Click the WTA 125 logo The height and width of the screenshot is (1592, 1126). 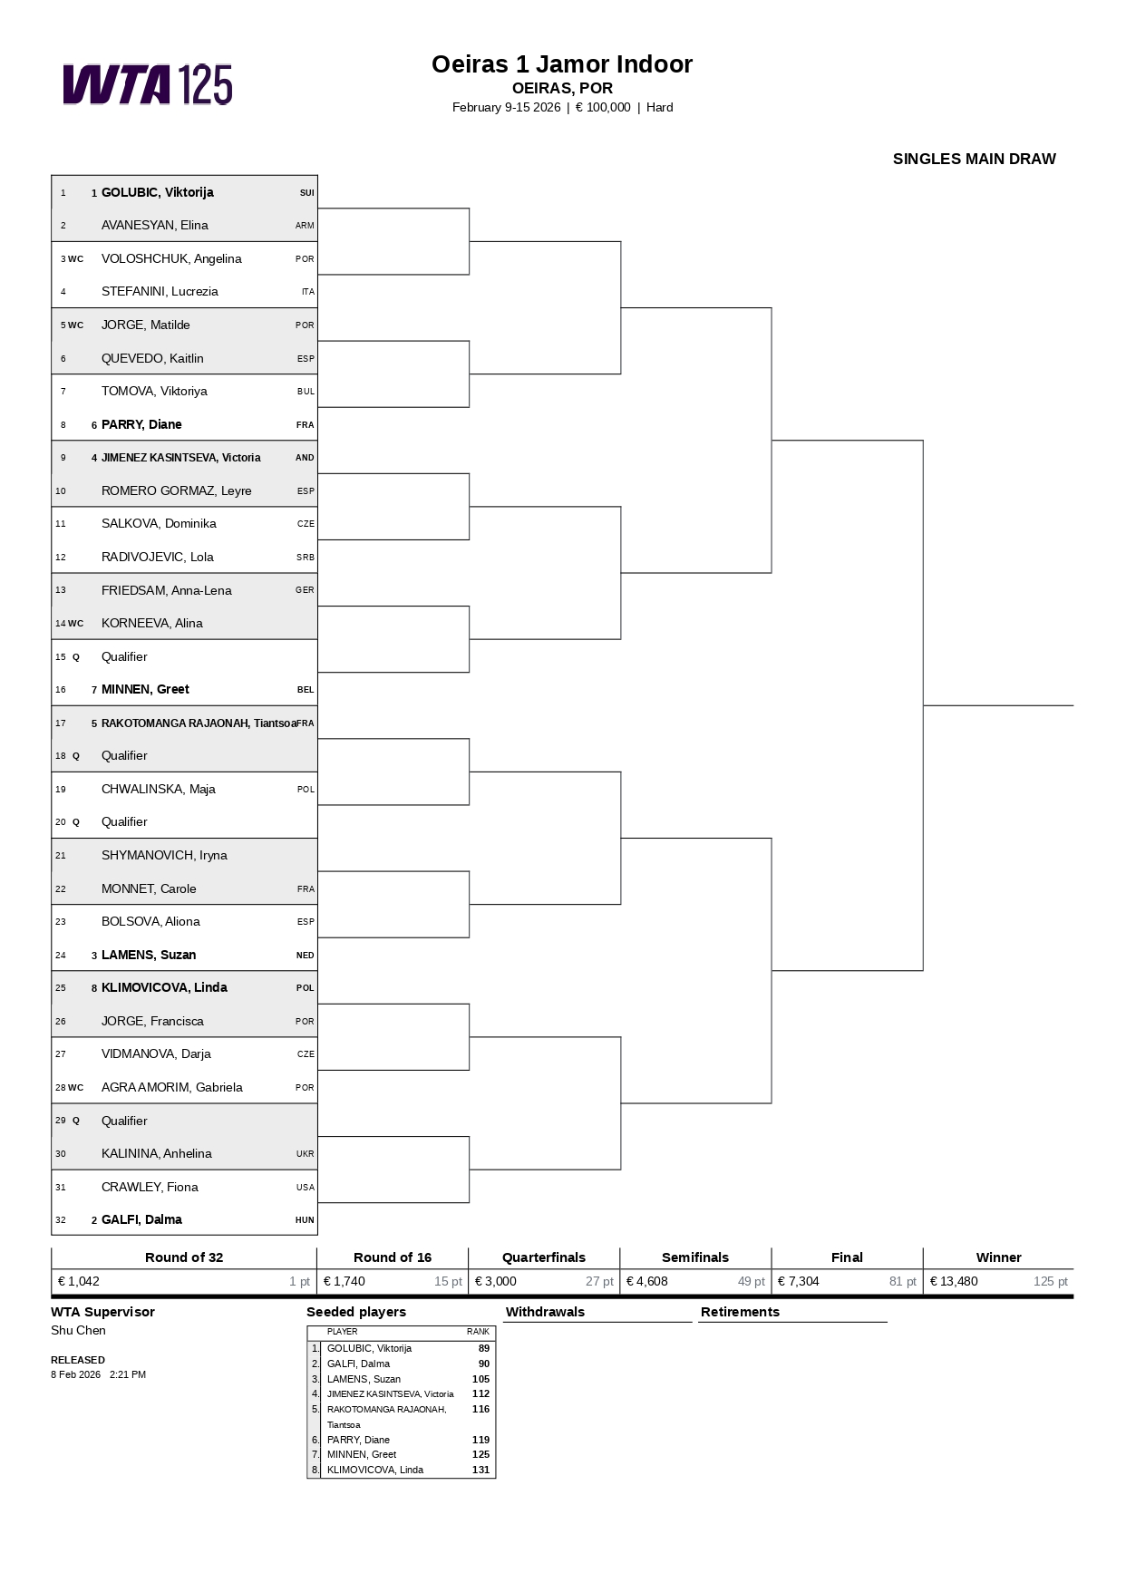pyautogui.click(x=148, y=84)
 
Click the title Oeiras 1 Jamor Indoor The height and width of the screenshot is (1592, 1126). pyautogui.click(x=562, y=64)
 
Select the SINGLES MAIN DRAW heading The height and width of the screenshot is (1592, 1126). pyautogui.click(x=974, y=159)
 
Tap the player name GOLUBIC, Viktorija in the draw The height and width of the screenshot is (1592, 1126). pyautogui.click(x=157, y=192)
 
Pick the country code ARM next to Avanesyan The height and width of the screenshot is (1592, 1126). pyautogui.click(x=305, y=226)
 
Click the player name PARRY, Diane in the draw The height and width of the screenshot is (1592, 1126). pyautogui.click(x=141, y=424)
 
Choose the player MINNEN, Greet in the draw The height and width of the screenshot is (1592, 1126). pyautogui.click(x=145, y=689)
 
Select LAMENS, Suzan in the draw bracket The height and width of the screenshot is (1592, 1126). pyautogui.click(x=149, y=955)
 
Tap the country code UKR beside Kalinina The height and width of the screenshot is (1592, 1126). pyautogui.click(x=305, y=1154)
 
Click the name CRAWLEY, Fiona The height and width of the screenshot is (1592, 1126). pyautogui.click(x=150, y=1187)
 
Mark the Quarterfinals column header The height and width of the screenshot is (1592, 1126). pyautogui.click(x=544, y=1257)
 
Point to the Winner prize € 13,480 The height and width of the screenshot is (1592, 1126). pyautogui.click(x=954, y=1281)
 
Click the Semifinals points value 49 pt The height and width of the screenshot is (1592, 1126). pyautogui.click(x=751, y=1281)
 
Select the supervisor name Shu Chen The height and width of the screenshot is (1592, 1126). pyautogui.click(x=78, y=1330)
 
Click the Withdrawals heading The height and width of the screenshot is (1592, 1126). pyautogui.click(x=545, y=1312)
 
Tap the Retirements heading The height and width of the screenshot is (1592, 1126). pyautogui.click(x=740, y=1312)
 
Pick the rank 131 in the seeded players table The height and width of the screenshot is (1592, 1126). pyautogui.click(x=480, y=1470)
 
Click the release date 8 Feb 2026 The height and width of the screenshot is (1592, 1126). pyautogui.click(x=75, y=1374)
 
